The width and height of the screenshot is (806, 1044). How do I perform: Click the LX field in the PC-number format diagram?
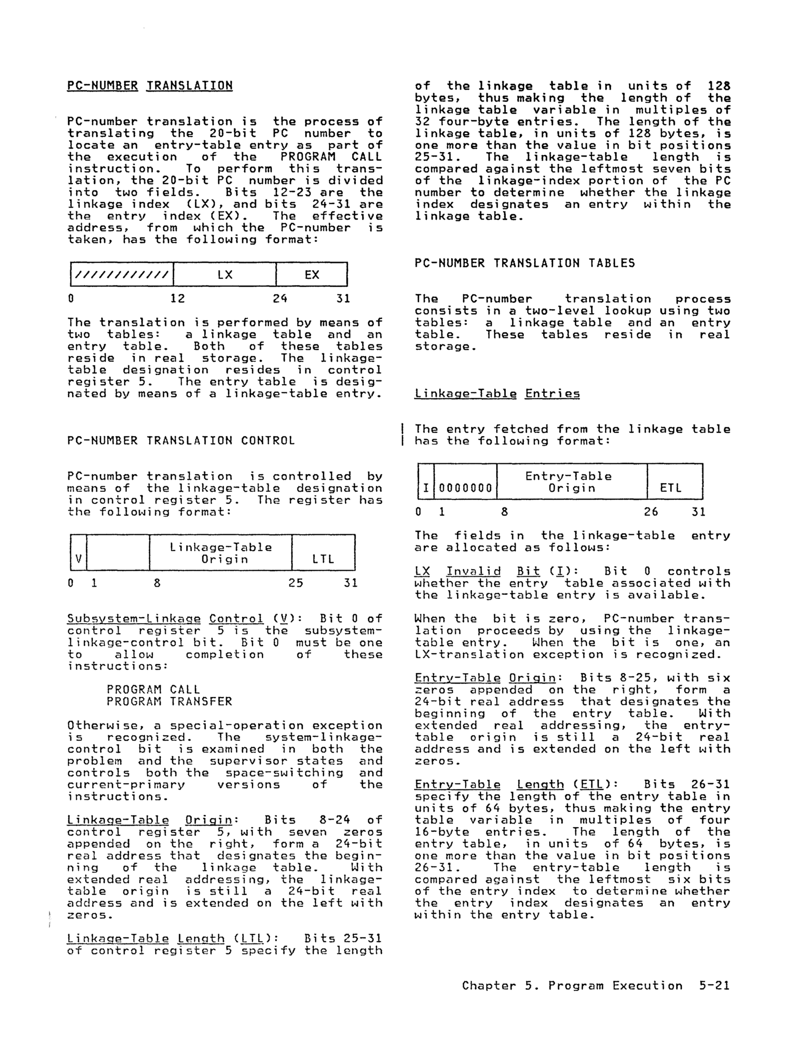point(225,275)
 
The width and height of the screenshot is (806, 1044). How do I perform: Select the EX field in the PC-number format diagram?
point(311,275)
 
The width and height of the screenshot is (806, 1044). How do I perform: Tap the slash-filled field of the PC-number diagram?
point(122,275)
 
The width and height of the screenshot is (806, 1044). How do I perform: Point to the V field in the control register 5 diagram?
point(78,559)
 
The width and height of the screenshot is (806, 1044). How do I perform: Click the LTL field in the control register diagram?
point(323,559)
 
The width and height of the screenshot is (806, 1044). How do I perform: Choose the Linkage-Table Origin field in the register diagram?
point(220,553)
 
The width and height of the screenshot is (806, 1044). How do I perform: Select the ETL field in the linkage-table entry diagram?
point(670,487)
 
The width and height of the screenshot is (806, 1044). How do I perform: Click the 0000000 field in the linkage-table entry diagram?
point(465,488)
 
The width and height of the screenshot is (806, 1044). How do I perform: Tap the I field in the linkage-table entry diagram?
point(426,488)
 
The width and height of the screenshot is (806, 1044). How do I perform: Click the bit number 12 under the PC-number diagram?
point(178,299)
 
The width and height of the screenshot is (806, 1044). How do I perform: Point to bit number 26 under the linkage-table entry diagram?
point(651,512)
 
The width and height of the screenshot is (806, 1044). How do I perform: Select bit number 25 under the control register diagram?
point(296,583)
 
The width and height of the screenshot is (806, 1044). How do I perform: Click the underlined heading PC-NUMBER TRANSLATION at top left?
point(150,85)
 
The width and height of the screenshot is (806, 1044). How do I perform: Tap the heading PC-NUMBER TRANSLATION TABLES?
point(525,263)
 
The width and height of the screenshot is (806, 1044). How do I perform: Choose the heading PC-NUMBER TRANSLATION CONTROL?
point(181,440)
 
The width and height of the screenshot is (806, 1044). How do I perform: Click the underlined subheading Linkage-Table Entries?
point(497,394)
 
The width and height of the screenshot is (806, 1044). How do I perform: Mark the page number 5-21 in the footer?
point(714,985)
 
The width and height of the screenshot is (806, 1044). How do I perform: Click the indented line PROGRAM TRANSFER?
point(169,701)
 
